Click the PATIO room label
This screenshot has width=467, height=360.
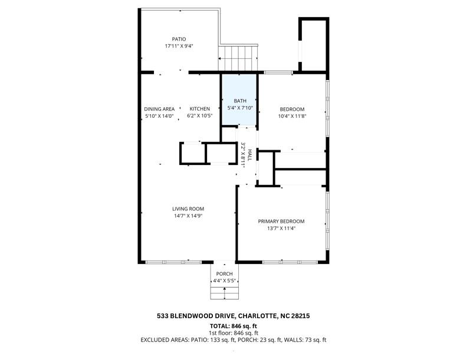(179, 39)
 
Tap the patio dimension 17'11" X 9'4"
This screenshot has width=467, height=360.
(179, 46)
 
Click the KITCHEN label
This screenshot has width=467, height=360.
(199, 109)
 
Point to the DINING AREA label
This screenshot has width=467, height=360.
(159, 109)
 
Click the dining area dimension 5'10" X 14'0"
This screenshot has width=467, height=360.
(159, 116)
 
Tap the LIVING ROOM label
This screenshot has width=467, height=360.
(188, 209)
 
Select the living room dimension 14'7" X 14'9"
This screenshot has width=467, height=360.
(188, 216)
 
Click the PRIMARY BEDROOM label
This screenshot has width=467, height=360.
(281, 222)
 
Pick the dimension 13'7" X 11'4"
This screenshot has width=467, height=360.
(281, 229)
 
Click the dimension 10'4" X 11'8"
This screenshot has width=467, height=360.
(292, 116)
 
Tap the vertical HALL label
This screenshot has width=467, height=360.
(250, 156)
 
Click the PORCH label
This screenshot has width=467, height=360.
(224, 274)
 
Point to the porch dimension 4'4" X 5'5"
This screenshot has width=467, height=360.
(224, 281)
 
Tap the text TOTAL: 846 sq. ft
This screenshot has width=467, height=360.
(233, 326)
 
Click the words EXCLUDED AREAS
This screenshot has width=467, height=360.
(162, 340)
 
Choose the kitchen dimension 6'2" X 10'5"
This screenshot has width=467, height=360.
(199, 116)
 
